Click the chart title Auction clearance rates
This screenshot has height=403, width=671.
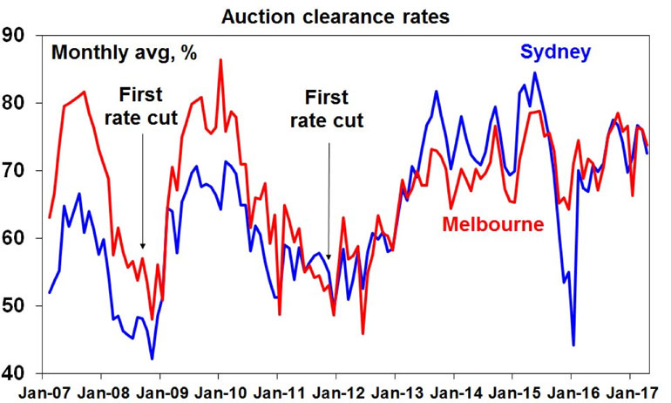click(335, 15)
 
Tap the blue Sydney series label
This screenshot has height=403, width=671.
click(559, 51)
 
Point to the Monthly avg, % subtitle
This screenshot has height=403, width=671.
click(124, 52)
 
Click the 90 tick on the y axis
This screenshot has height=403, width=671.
click(17, 36)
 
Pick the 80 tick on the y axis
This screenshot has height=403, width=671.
click(17, 103)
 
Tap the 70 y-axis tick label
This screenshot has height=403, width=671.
click(17, 171)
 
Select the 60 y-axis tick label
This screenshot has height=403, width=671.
click(17, 238)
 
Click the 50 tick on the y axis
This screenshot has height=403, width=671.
click(17, 306)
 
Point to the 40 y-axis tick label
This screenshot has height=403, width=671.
click(17, 373)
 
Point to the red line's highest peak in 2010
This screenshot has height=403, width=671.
click(220, 59)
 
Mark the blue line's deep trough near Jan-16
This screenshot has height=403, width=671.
click(573, 345)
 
